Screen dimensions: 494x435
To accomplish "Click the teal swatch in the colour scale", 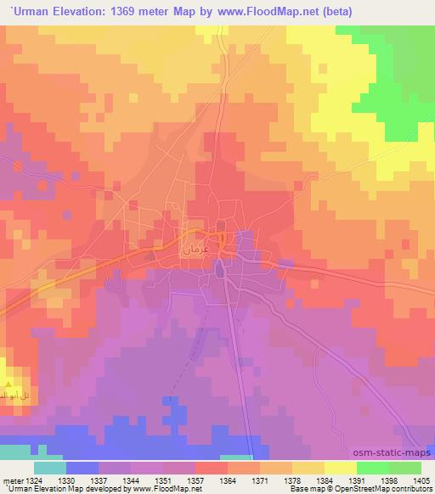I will pos(50,467).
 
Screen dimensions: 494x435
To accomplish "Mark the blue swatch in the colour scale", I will pos(82,467).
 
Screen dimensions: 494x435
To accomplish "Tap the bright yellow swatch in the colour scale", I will pos(341,467).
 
